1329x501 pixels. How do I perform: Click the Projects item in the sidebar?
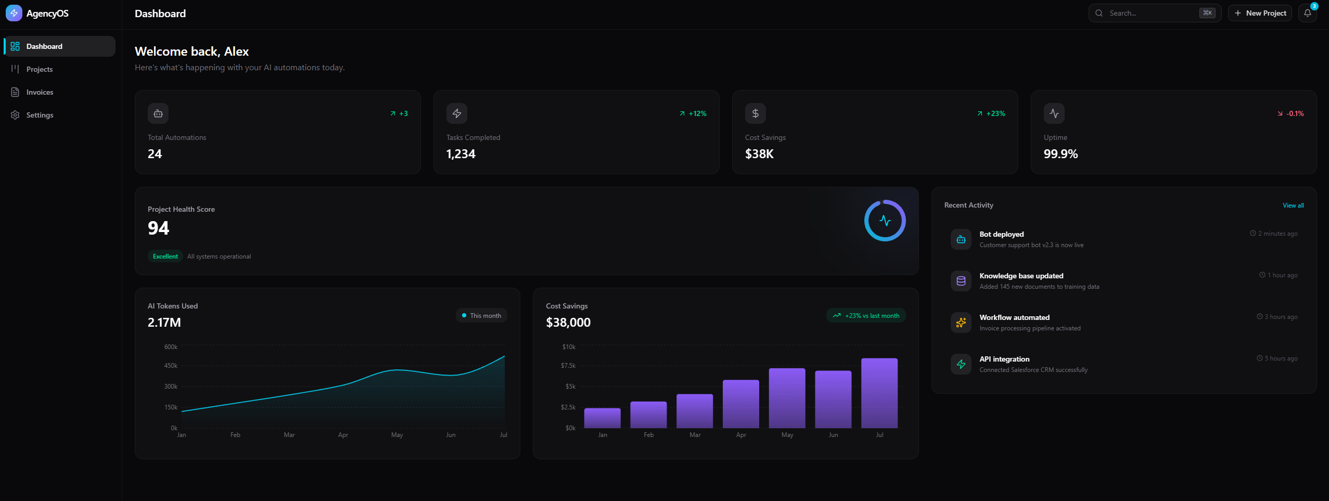pyautogui.click(x=39, y=69)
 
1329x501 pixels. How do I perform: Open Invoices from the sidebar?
pyautogui.click(x=40, y=92)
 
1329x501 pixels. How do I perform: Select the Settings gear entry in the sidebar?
pyautogui.click(x=40, y=115)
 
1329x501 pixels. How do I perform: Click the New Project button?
pyautogui.click(x=1260, y=13)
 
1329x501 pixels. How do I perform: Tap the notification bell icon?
pyautogui.click(x=1307, y=13)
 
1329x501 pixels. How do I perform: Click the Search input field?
pyautogui.click(x=1150, y=13)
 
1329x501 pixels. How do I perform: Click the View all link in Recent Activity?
pyautogui.click(x=1293, y=205)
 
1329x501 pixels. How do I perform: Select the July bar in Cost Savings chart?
pyautogui.click(x=879, y=393)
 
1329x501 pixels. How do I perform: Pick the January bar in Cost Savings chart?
pyautogui.click(x=602, y=418)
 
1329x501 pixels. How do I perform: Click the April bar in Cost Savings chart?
pyautogui.click(x=740, y=404)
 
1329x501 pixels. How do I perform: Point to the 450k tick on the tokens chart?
pyautogui.click(x=171, y=366)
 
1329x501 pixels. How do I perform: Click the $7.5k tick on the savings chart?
pyautogui.click(x=568, y=366)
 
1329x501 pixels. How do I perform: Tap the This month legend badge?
pyautogui.click(x=481, y=316)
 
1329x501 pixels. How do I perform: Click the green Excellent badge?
pyautogui.click(x=165, y=256)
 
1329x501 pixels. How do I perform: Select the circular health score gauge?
pyautogui.click(x=885, y=221)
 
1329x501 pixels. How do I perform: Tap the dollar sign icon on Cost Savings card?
pyautogui.click(x=755, y=113)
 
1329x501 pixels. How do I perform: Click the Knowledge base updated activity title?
pyautogui.click(x=1021, y=276)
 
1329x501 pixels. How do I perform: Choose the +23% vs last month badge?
pyautogui.click(x=866, y=316)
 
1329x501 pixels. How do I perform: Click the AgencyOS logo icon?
pyautogui.click(x=14, y=13)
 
